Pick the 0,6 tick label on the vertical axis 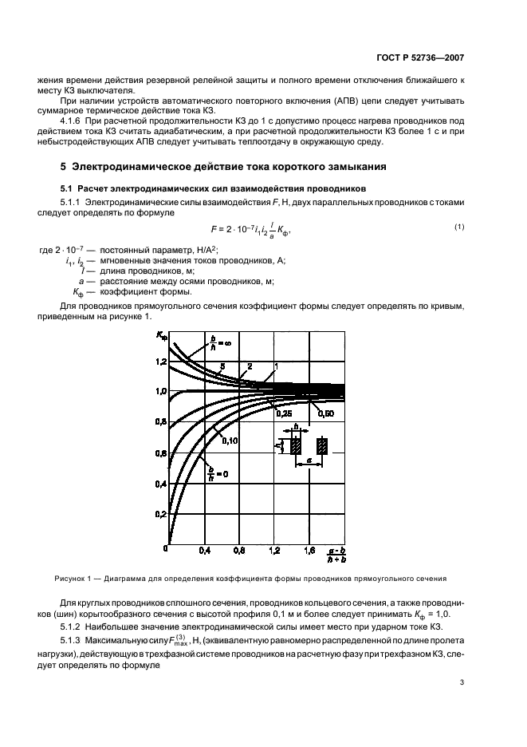point(161,453)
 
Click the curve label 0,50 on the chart point(325,413)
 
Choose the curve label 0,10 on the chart point(230,441)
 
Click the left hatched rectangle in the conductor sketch point(297,447)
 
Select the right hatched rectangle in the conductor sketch point(323,447)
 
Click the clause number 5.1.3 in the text point(73,641)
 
